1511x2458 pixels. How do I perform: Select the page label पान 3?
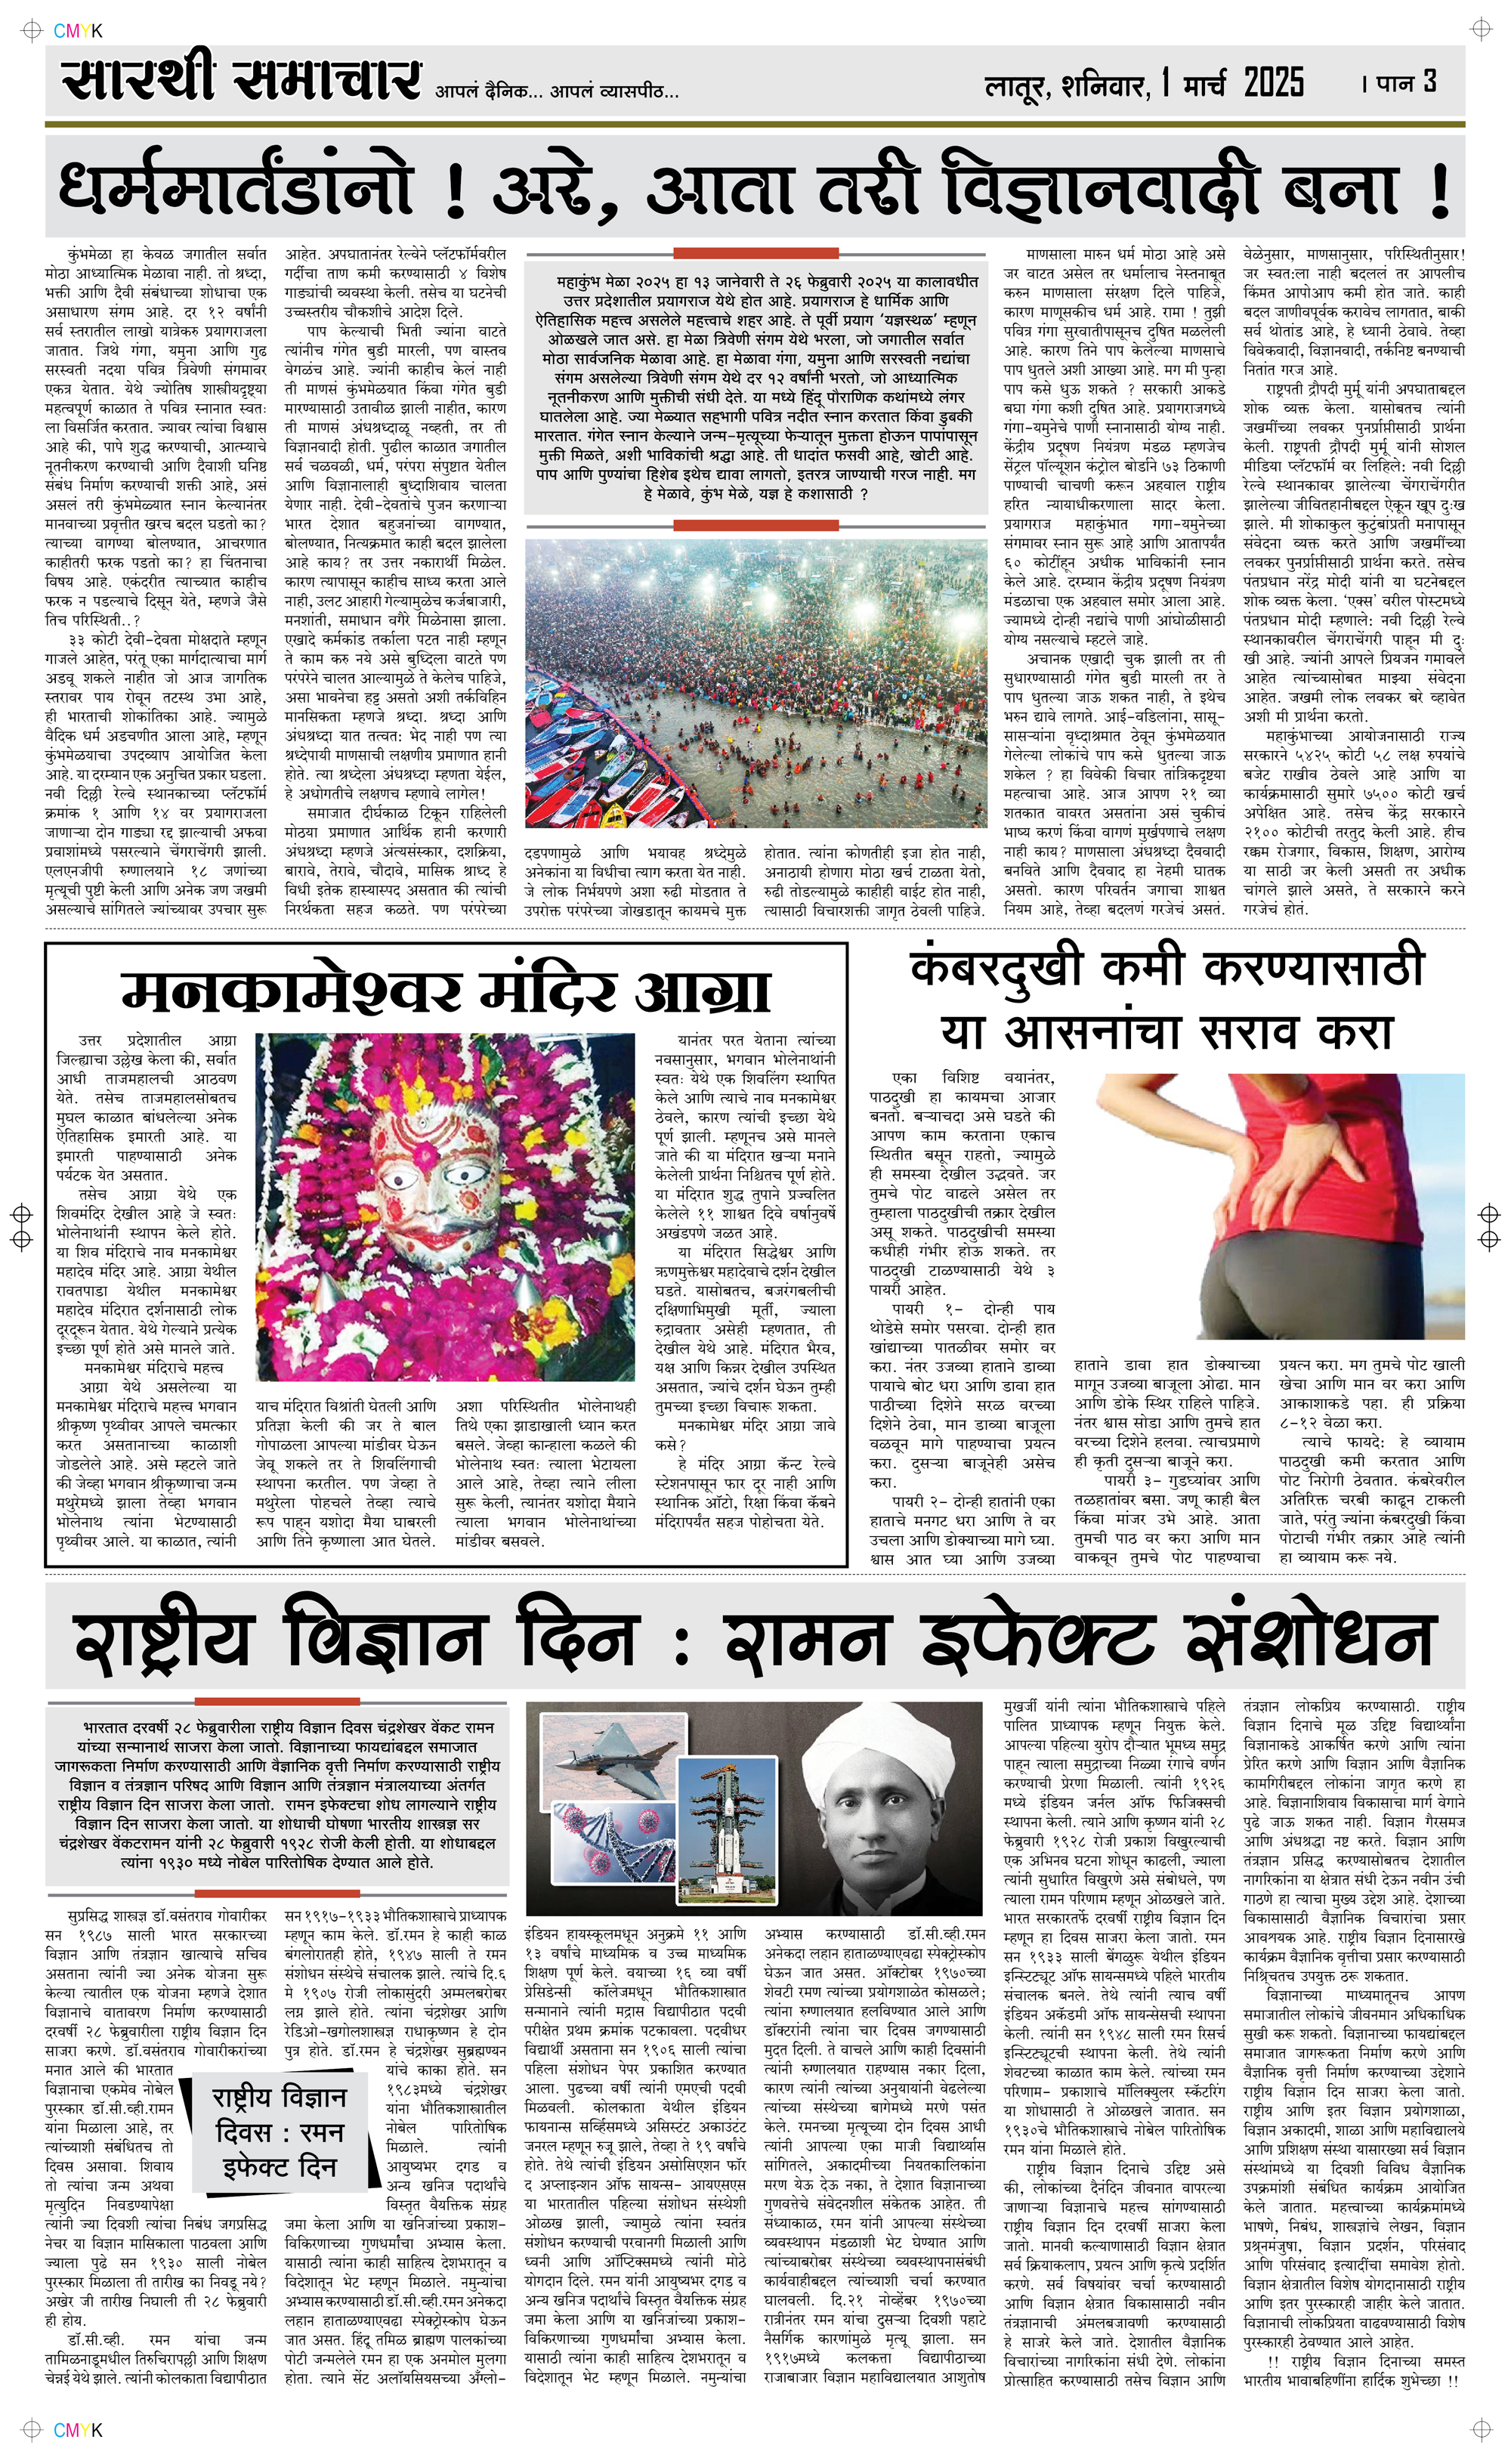click(x=1406, y=81)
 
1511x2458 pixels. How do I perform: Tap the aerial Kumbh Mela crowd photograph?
click(x=755, y=682)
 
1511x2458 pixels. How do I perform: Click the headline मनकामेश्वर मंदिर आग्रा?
click(x=446, y=991)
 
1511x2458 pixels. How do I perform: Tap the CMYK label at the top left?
click(x=77, y=31)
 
